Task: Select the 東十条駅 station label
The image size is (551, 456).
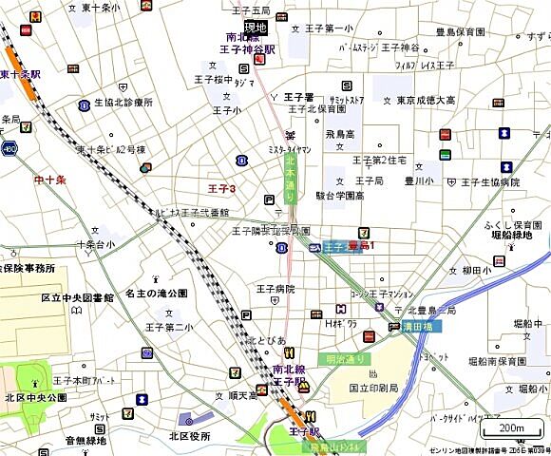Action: tap(20, 73)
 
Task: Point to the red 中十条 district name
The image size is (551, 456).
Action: tap(49, 180)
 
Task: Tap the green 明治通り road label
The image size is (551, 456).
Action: tap(345, 358)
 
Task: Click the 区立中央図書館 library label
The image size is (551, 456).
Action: tap(77, 297)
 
